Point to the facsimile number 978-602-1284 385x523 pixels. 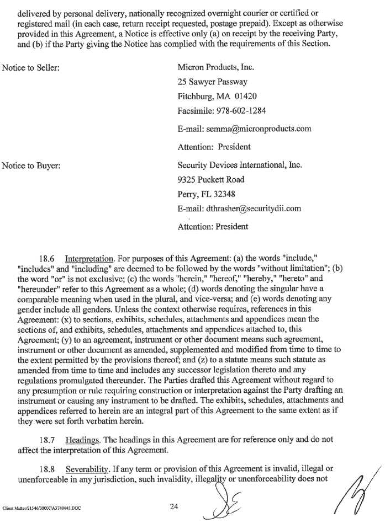242,111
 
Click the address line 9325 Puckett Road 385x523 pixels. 211,179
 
